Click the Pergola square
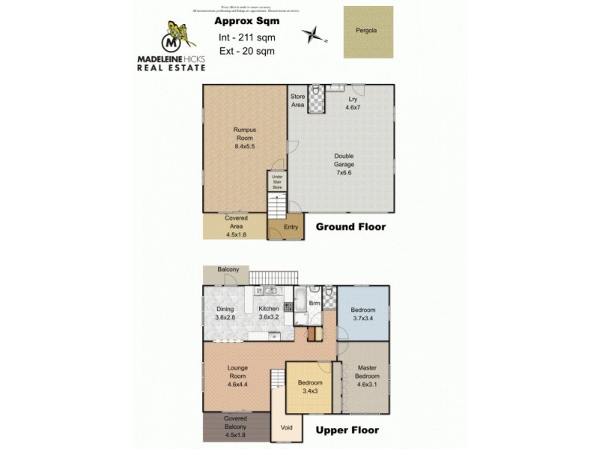point(368,32)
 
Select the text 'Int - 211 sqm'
point(241,37)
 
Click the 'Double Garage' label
point(344,162)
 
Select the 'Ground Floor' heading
point(350,227)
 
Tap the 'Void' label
point(286,429)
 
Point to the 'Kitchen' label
point(269,313)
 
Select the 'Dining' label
point(225,313)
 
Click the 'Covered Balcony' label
point(235,423)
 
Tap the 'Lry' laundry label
point(352,103)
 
